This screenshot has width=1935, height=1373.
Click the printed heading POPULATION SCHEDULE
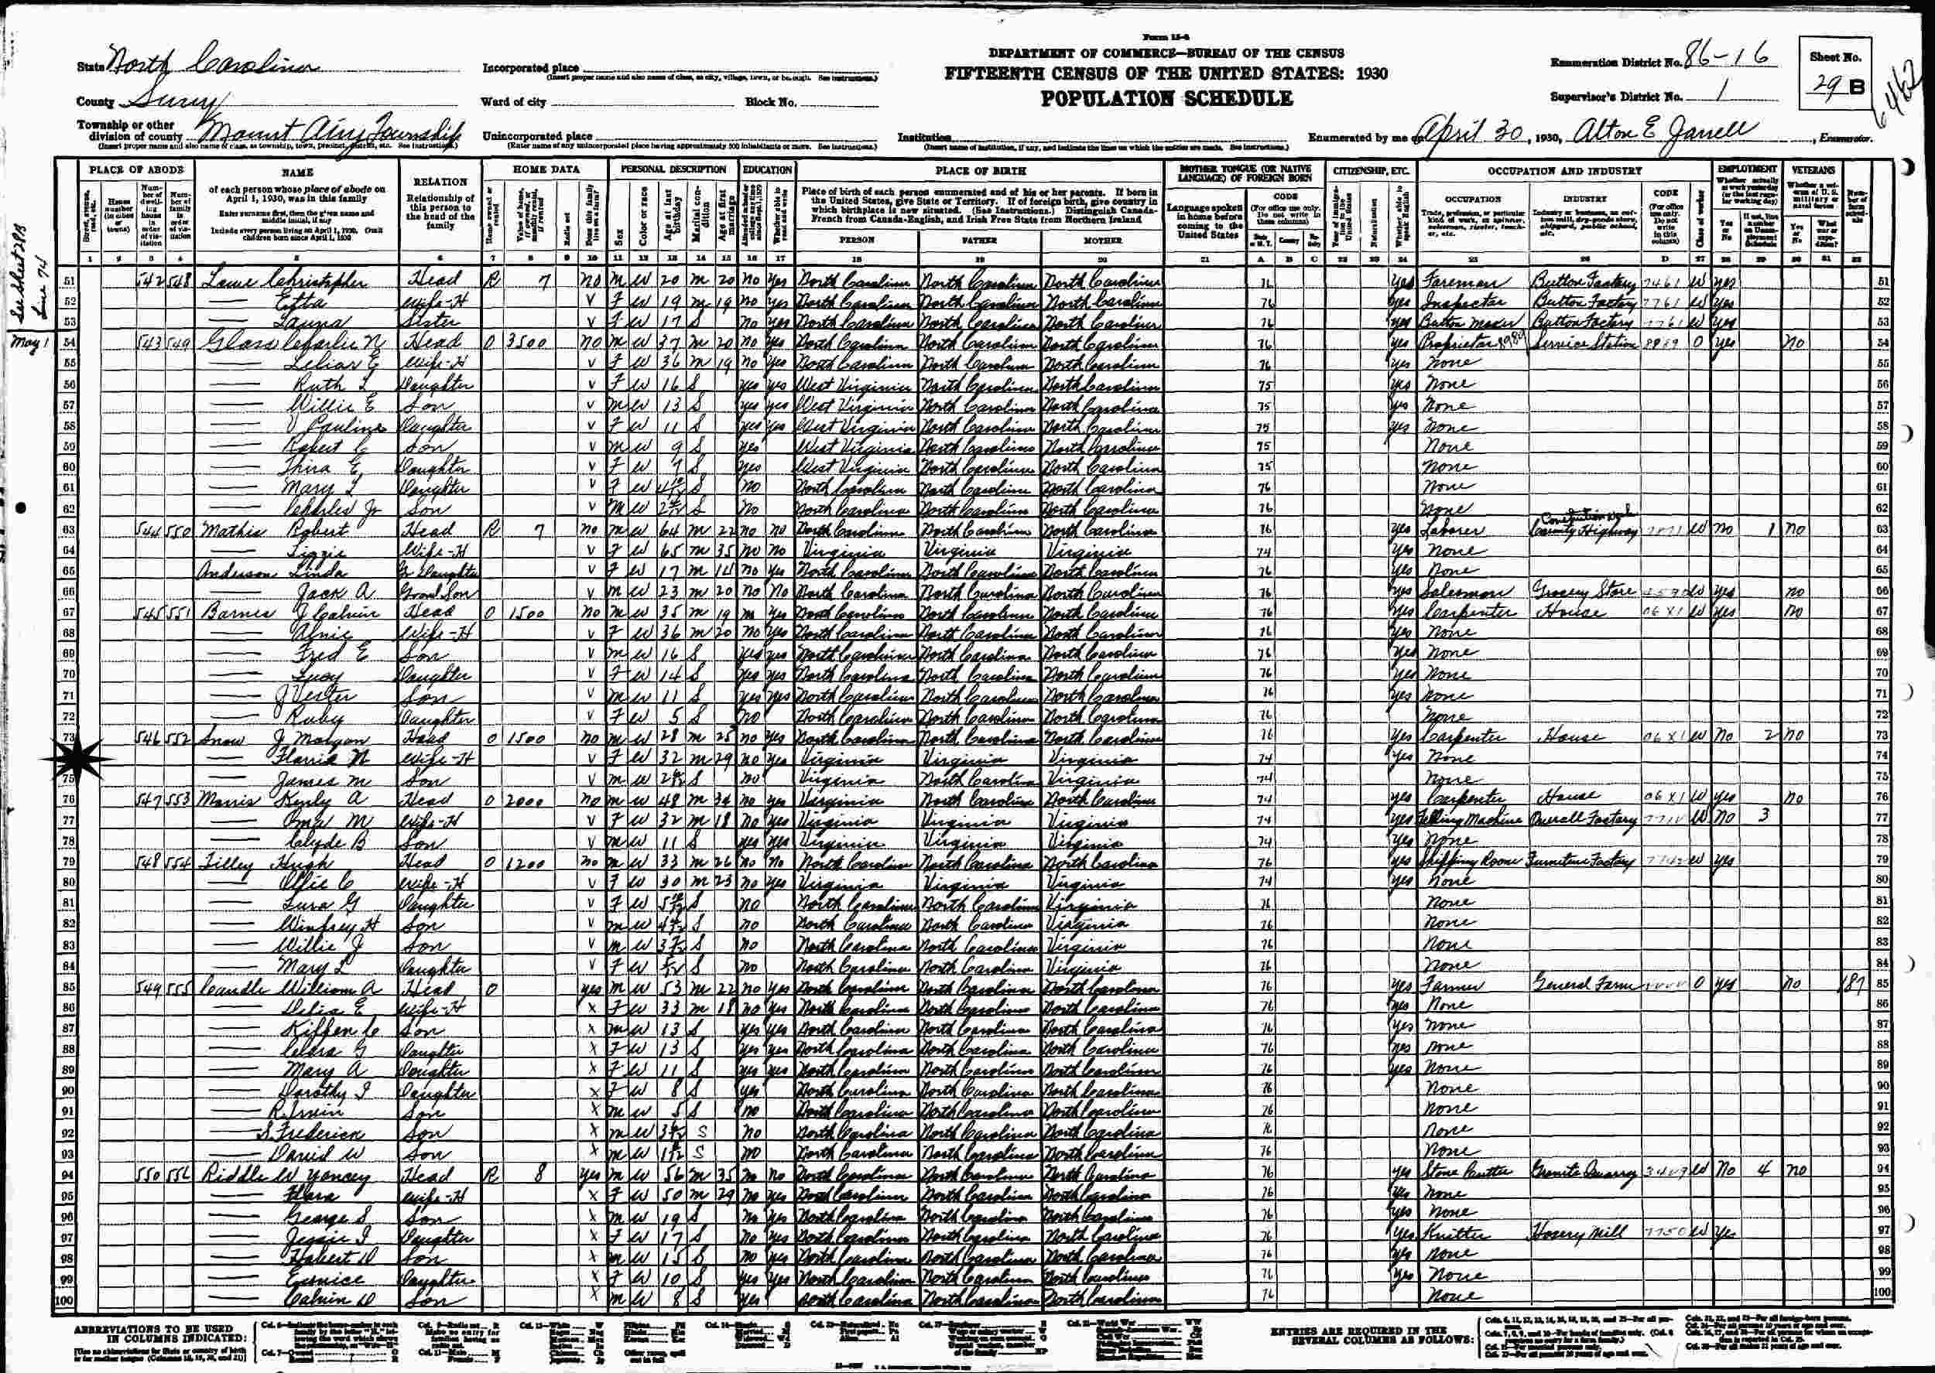[1166, 98]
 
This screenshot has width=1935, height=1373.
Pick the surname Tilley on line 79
[225, 862]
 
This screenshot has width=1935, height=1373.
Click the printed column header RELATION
[440, 181]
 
